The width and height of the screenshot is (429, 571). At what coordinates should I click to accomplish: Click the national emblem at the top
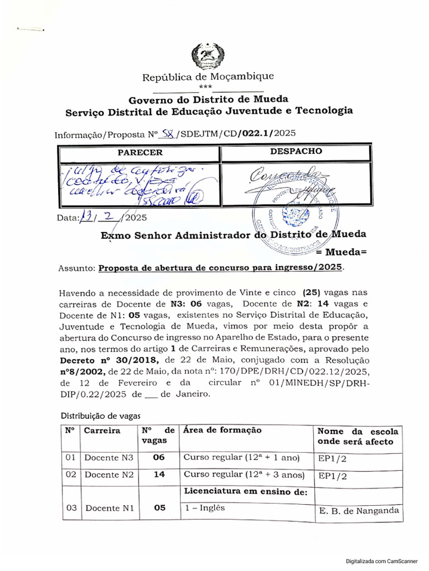pos(207,55)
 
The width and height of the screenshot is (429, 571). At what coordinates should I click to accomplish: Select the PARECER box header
pos(140,152)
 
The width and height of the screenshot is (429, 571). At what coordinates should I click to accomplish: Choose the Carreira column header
pos(102,431)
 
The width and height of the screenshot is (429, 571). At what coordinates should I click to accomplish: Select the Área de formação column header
pos(222,430)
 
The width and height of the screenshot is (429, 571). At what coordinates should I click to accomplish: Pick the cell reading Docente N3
pos(109,458)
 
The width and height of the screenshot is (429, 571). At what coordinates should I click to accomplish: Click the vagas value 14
pos(159,476)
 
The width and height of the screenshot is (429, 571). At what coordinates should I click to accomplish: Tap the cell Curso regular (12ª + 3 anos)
pos(244,476)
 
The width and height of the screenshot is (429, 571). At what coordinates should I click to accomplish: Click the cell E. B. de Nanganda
pos(358,510)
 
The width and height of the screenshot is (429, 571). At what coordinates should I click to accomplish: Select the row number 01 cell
pos(70,458)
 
